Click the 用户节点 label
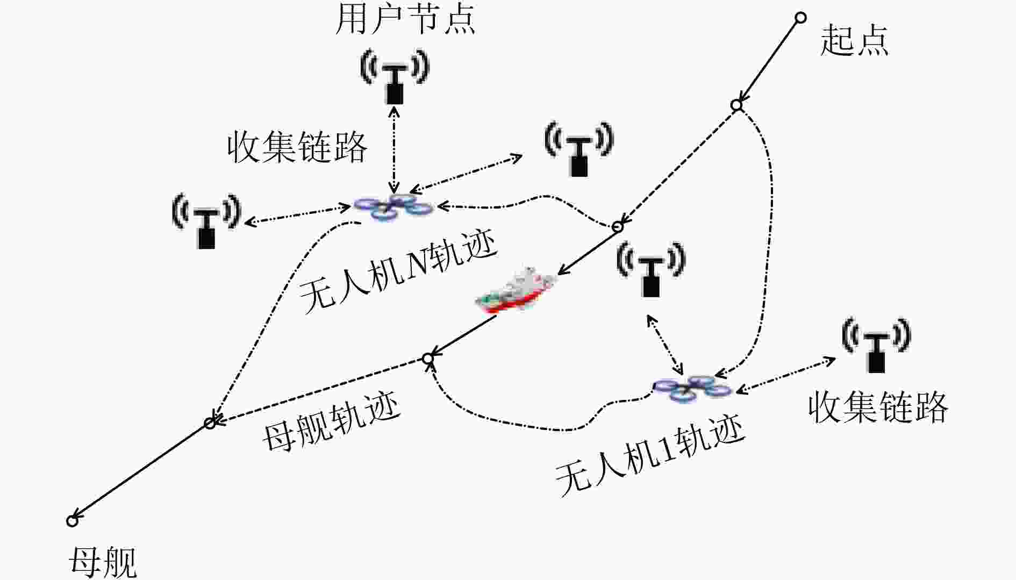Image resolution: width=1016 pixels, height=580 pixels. [405, 19]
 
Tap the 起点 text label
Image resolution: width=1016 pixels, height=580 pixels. [854, 40]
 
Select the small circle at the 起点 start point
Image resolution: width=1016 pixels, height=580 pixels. [800, 18]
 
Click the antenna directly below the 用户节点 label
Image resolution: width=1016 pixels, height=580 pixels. [395, 76]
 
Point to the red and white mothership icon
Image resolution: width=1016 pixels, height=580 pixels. [516, 290]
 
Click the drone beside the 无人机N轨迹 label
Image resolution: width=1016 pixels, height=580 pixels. [393, 207]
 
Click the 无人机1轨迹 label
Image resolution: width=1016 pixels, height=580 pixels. [649, 456]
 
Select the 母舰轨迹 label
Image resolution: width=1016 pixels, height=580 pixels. [332, 423]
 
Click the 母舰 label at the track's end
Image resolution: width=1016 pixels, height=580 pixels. [102, 562]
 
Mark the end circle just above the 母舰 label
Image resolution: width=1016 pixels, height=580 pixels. [72, 520]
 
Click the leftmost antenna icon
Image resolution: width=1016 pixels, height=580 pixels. [206, 220]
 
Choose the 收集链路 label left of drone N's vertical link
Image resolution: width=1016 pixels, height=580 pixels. [297, 147]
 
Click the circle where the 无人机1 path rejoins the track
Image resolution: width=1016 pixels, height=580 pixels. [428, 358]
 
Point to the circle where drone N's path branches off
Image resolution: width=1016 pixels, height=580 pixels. [618, 227]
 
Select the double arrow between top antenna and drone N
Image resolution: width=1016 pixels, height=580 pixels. [395, 149]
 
